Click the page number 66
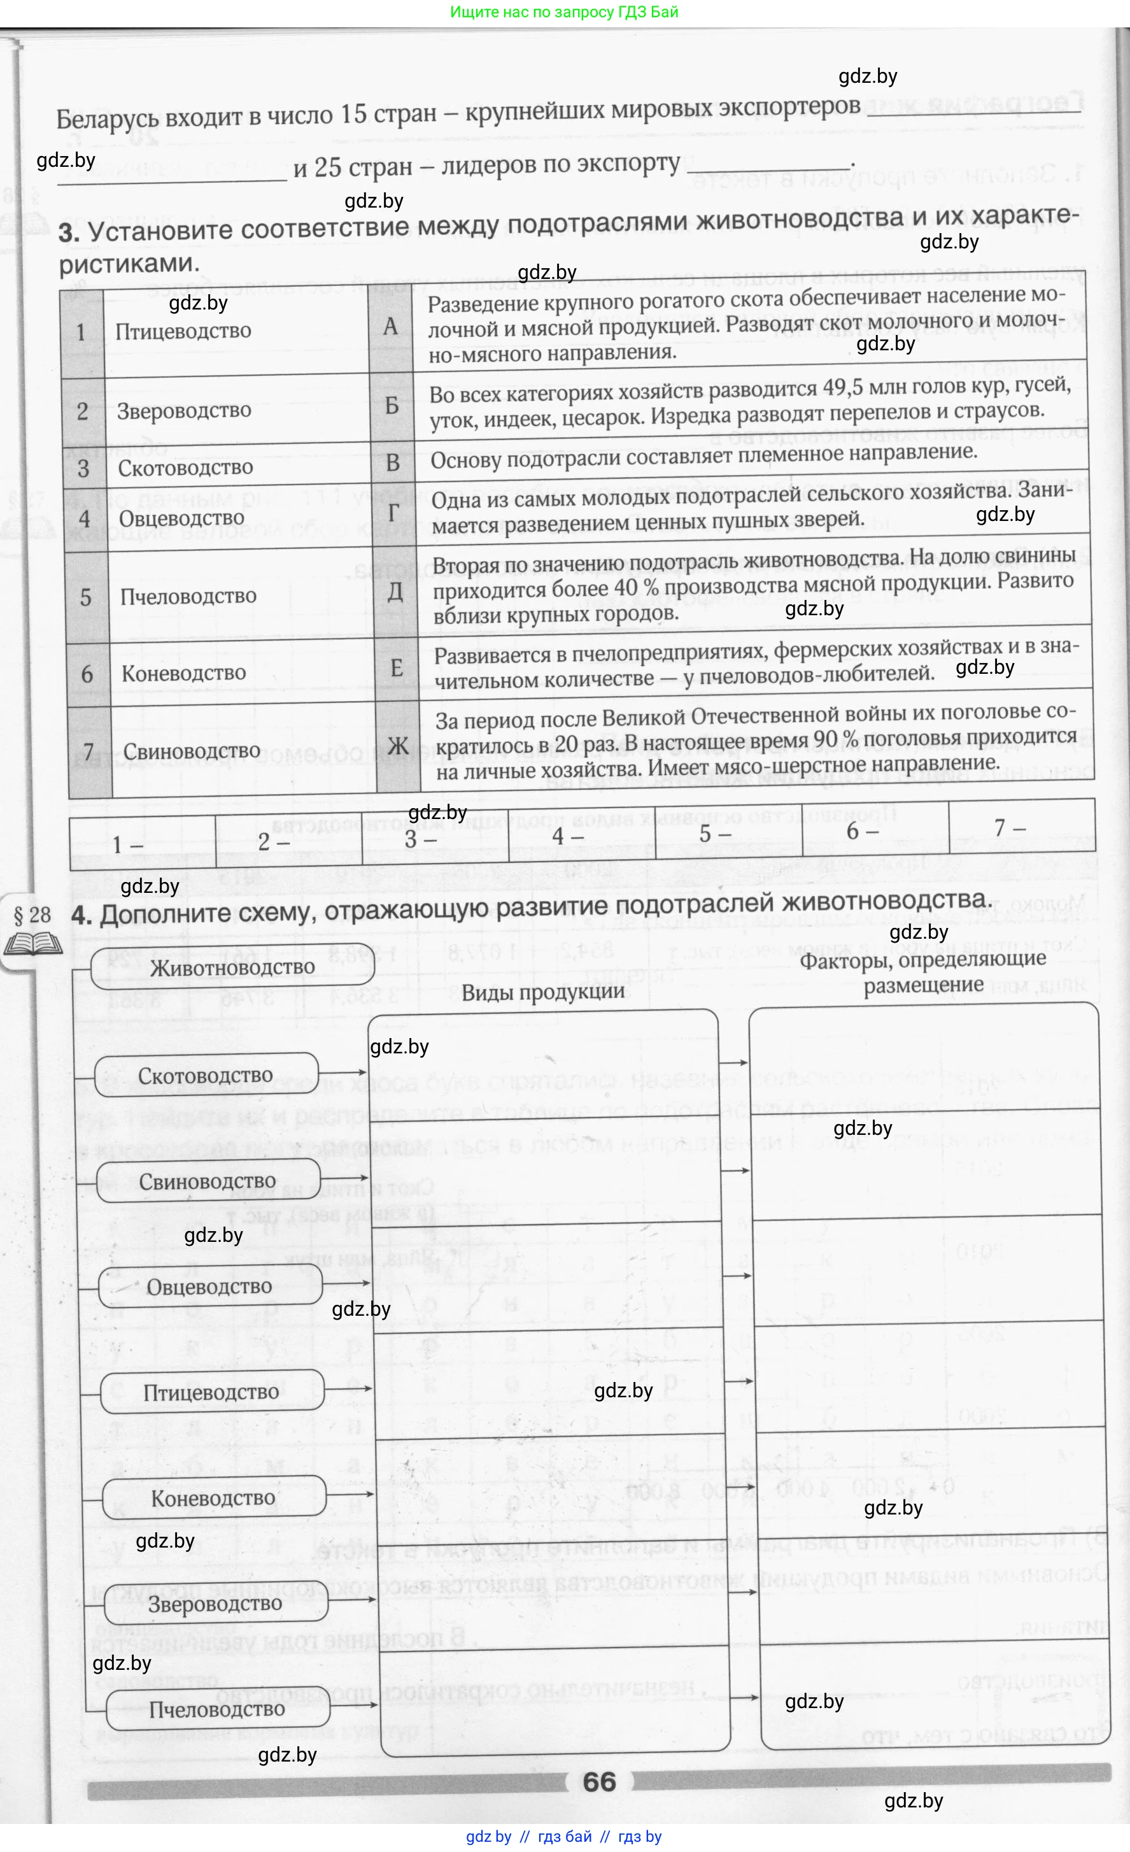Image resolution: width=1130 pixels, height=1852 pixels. [599, 1782]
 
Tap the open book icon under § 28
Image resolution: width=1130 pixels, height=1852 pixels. [32, 943]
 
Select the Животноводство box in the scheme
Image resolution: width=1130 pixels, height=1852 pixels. [232, 967]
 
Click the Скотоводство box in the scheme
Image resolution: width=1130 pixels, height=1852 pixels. [206, 1076]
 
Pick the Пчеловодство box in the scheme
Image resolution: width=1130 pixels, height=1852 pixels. [217, 1709]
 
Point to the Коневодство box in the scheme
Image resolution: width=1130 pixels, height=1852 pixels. [213, 1498]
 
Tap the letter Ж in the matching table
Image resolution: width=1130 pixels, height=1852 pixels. [397, 746]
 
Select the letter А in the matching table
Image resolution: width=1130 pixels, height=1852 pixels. [390, 326]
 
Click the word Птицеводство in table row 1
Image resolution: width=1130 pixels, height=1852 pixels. [183, 331]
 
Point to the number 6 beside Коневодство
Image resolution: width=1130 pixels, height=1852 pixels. [87, 673]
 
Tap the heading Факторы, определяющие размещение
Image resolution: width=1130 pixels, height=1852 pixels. [922, 972]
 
